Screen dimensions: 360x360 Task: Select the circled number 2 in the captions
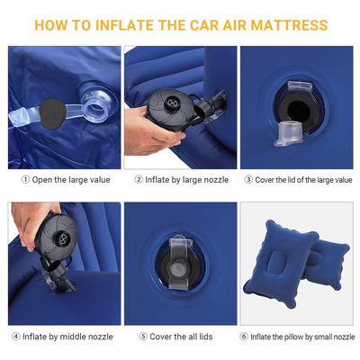click(139, 180)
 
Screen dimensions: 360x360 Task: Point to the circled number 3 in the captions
click(248, 180)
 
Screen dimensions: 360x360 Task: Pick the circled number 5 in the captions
click(143, 337)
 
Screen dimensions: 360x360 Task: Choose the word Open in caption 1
click(42, 180)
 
